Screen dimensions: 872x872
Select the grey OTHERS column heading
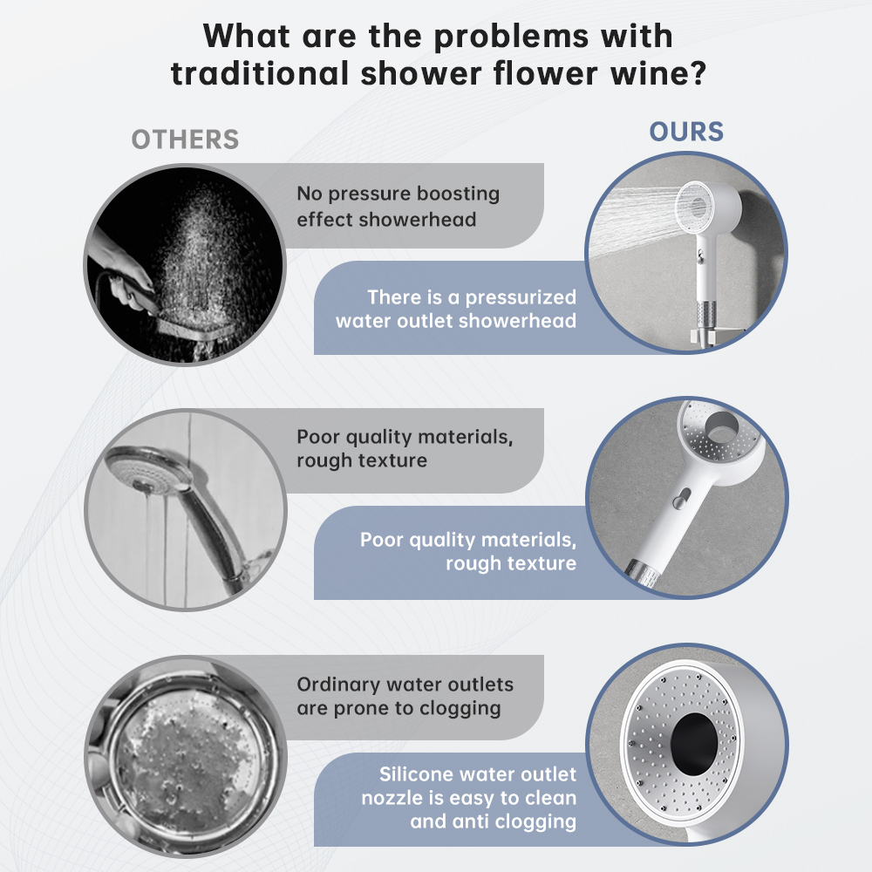pos(185,140)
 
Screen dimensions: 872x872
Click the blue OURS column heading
pos(686,132)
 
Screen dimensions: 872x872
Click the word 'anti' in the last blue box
pos(476,821)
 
